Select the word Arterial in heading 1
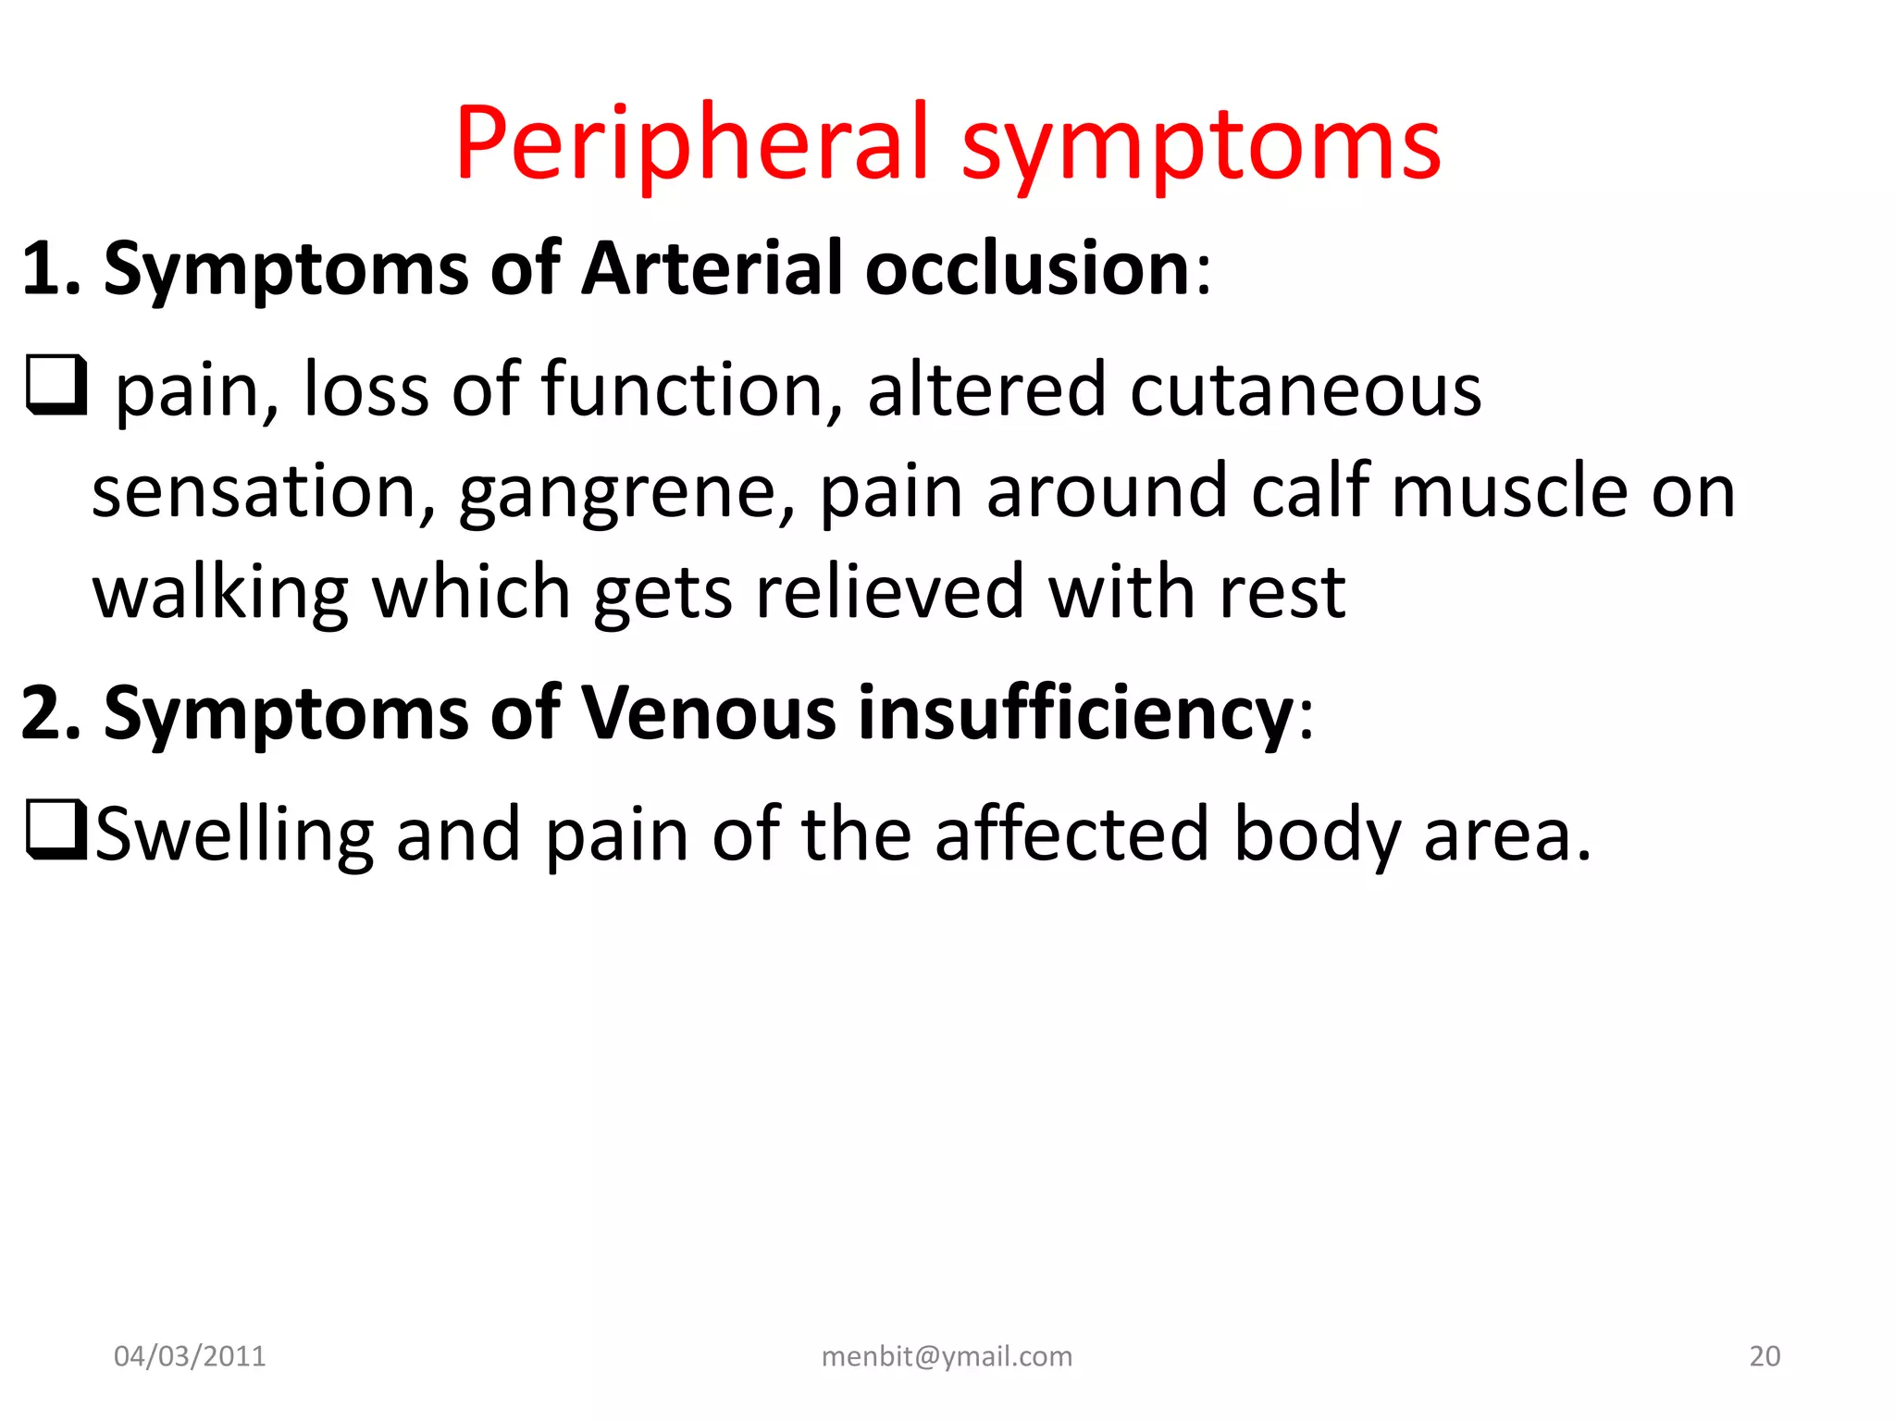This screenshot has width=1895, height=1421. [712, 269]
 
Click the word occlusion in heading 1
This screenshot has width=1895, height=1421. [1027, 269]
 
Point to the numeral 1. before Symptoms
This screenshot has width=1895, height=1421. [50, 269]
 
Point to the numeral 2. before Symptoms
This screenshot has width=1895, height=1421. [52, 713]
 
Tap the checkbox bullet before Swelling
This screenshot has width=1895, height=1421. [56, 831]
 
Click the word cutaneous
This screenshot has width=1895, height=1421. [1305, 389]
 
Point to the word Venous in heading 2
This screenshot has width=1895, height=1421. [709, 713]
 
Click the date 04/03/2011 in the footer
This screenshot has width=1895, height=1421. [190, 1356]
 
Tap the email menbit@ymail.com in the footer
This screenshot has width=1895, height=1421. [947, 1356]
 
